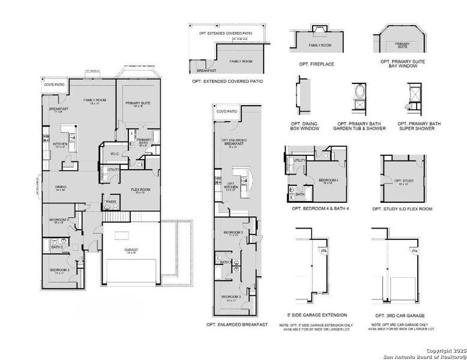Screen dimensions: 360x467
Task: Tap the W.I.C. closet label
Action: click(x=115, y=154)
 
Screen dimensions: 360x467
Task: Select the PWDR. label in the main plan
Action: click(x=110, y=202)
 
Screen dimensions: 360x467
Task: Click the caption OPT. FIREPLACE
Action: click(x=316, y=64)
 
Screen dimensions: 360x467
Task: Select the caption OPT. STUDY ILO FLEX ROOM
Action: click(x=403, y=209)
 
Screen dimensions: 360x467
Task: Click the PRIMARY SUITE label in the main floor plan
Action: click(x=137, y=103)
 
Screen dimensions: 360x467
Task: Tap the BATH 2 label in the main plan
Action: click(x=56, y=247)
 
